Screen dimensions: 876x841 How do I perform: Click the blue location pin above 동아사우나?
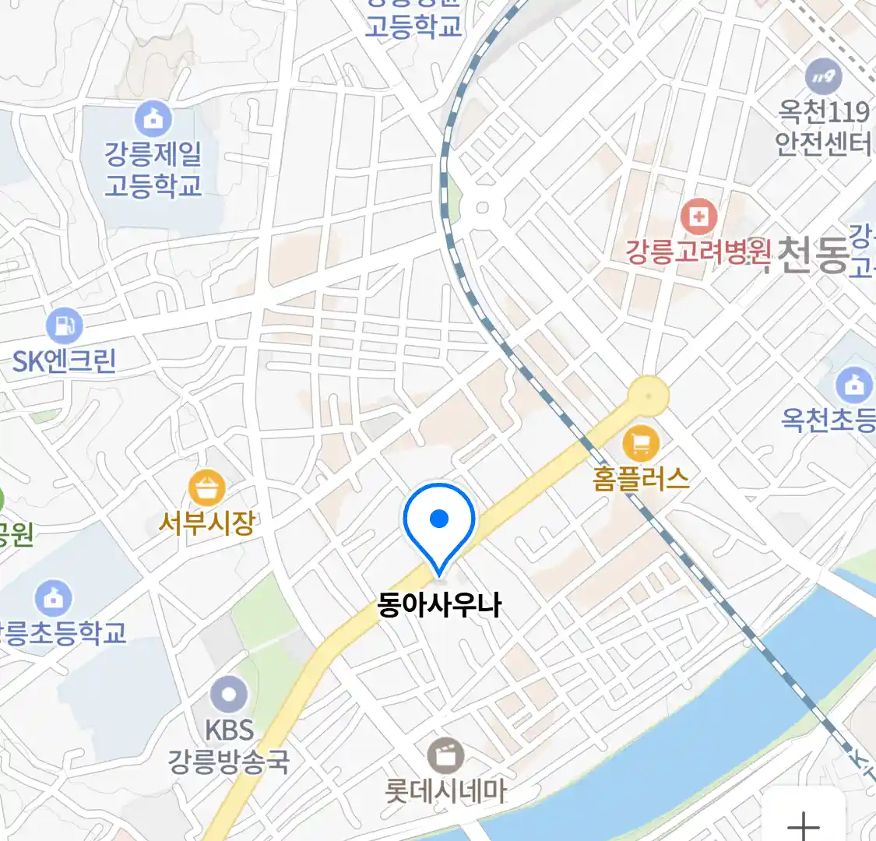[x=439, y=520]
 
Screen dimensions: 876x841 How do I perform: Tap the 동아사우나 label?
[x=439, y=605]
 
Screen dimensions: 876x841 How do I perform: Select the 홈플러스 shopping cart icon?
[x=641, y=445]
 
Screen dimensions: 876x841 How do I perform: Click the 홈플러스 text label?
[x=641, y=478]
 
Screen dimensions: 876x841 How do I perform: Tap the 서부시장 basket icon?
[x=206, y=489]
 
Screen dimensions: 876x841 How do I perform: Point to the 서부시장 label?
[x=206, y=523]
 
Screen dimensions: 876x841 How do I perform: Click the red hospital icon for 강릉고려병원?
[x=698, y=216]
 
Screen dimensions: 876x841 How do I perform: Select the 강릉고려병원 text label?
[x=698, y=252]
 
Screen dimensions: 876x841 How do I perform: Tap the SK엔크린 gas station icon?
[x=64, y=326]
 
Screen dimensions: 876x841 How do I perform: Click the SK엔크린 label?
[x=64, y=361]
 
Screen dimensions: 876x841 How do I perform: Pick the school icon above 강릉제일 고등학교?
[x=153, y=118]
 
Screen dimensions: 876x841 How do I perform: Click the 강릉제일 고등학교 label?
[x=153, y=170]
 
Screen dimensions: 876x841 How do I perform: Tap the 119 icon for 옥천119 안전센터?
[x=823, y=76]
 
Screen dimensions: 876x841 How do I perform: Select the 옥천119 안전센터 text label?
[x=824, y=128]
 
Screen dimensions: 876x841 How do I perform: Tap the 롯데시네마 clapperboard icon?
[x=445, y=756]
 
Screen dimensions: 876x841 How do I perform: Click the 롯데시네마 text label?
[x=445, y=792]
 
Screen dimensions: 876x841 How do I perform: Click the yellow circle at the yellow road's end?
[x=649, y=396]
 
